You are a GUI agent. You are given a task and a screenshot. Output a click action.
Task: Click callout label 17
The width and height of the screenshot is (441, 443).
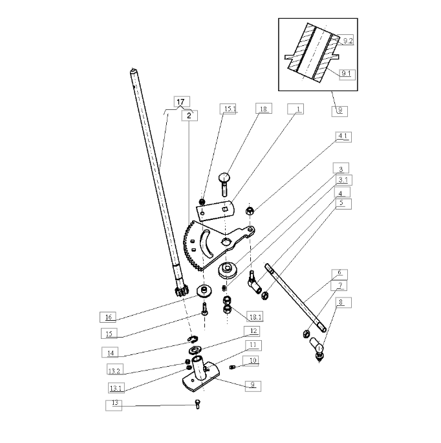(182, 102)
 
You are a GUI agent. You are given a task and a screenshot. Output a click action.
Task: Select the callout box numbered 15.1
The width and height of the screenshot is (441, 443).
(228, 109)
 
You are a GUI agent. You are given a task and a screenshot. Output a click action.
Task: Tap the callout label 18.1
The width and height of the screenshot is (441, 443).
(255, 317)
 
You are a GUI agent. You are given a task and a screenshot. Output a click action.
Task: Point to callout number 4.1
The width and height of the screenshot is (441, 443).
(343, 136)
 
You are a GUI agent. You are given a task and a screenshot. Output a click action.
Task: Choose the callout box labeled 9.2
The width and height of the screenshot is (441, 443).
(347, 41)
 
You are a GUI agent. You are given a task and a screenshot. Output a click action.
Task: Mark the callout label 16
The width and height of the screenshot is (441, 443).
(108, 317)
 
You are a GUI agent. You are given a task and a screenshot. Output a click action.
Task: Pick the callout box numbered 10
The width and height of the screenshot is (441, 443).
(251, 361)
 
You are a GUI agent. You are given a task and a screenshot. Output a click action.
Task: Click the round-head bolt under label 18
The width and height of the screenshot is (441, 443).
(224, 185)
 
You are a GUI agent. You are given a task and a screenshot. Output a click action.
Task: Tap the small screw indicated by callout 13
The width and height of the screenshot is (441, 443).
(198, 404)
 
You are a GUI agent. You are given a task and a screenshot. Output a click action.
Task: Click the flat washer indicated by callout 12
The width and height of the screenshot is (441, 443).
(195, 350)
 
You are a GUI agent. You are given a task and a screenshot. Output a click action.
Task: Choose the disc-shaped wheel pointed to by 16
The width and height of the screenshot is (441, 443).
(204, 291)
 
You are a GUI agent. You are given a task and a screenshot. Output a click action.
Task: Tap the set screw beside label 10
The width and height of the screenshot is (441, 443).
(232, 367)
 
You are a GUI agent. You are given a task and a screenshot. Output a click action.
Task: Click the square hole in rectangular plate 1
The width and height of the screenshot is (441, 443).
(224, 210)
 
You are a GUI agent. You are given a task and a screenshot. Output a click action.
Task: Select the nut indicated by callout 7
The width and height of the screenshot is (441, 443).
(307, 334)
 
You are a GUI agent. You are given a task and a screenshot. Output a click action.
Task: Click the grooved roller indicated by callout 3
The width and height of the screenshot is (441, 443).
(227, 270)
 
